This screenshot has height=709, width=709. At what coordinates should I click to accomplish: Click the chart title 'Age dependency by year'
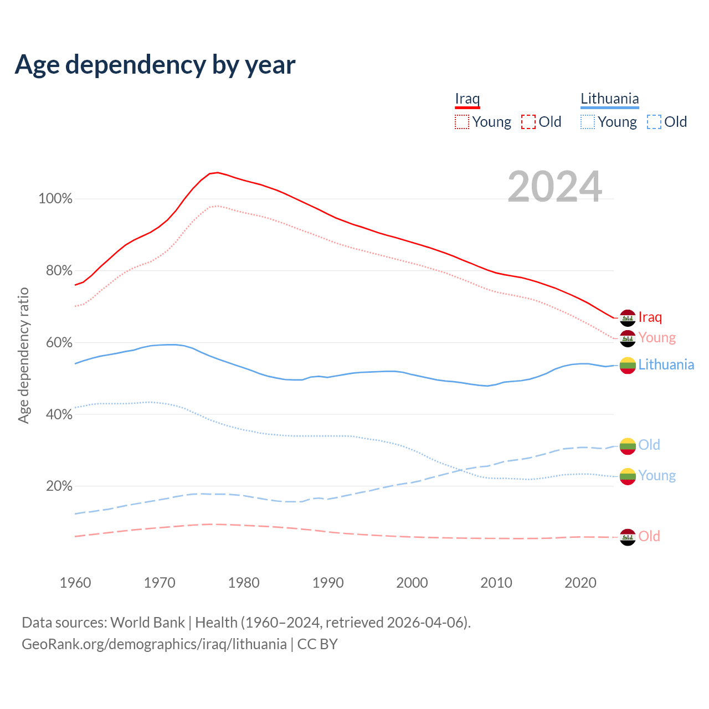pyautogui.click(x=155, y=64)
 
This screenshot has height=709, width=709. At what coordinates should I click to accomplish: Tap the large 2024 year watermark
pyautogui.click(x=554, y=187)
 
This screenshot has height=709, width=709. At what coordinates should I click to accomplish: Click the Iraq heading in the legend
pyautogui.click(x=467, y=99)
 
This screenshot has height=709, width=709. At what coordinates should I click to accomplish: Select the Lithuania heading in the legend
pyautogui.click(x=609, y=99)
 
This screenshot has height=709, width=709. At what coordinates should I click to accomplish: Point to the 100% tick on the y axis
pyautogui.click(x=55, y=198)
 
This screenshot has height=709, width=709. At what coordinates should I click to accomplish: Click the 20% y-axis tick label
pyautogui.click(x=59, y=486)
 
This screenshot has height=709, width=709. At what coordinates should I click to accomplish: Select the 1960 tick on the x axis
pyautogui.click(x=75, y=583)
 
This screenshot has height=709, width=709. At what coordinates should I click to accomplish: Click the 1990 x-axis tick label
pyautogui.click(x=328, y=583)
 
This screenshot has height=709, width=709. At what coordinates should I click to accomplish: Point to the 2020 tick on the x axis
pyautogui.click(x=580, y=583)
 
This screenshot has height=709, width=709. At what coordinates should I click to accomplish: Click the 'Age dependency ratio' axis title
pyautogui.click(x=23, y=355)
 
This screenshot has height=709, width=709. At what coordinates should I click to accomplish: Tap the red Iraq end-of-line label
pyautogui.click(x=650, y=317)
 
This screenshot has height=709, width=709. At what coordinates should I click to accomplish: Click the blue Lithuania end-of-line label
pyautogui.click(x=666, y=364)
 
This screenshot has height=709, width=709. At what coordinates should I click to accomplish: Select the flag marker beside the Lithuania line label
pyautogui.click(x=628, y=365)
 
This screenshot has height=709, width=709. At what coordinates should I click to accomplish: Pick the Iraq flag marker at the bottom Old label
pyautogui.click(x=628, y=537)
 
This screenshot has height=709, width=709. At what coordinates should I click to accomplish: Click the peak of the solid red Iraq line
pyautogui.click(x=218, y=172)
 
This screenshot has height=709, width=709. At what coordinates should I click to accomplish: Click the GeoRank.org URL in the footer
pyautogui.click(x=154, y=644)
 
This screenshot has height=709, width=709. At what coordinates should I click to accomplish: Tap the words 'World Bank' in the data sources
pyautogui.click(x=147, y=622)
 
